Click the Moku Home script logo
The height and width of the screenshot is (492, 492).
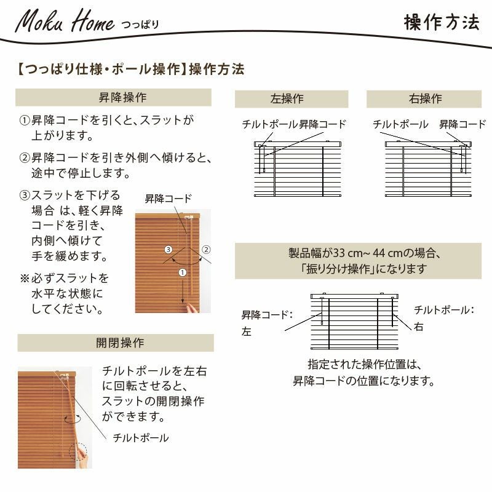coord(65,22)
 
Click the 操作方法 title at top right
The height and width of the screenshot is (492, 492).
coord(442,22)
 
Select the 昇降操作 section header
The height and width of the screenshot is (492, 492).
coord(122,97)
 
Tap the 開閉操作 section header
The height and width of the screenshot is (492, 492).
coord(120,343)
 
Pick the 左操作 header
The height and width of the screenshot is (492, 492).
coord(287,99)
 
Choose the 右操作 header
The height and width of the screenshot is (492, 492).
coord(425,99)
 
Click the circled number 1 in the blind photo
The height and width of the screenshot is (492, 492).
coord(182,272)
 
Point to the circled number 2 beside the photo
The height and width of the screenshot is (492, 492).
coord(206,250)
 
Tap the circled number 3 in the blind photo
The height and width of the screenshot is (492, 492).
coord(169,250)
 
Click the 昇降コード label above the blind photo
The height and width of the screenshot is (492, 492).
coord(168,199)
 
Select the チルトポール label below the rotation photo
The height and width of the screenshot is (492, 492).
coord(141,438)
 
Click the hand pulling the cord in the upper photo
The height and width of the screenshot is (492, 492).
coord(192,308)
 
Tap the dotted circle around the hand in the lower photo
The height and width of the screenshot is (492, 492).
coord(78,452)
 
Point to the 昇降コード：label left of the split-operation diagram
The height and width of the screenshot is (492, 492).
coord(267,315)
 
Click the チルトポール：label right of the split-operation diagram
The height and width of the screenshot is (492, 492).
coord(443,310)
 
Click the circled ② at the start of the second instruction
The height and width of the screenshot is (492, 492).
coord(25,157)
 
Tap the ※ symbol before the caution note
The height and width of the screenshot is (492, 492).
coord(25,279)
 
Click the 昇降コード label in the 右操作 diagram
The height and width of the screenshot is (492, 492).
coord(462,125)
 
